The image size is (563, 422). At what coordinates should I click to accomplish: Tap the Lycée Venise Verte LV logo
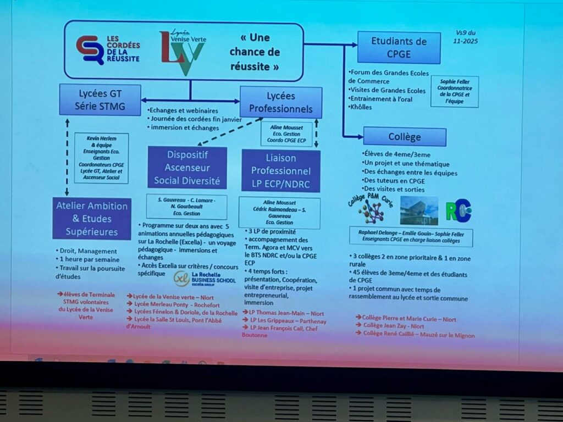[x=182, y=53]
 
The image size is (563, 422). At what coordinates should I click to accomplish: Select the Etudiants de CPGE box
[x=399, y=47]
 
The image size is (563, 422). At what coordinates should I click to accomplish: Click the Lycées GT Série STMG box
[x=100, y=99]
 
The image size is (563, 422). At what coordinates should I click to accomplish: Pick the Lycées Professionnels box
[x=281, y=102]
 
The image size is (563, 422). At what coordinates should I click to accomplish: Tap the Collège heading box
[x=404, y=137]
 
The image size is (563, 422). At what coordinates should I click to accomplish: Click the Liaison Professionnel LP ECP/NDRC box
[x=280, y=171]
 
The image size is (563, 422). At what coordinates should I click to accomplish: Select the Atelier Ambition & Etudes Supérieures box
[x=92, y=219]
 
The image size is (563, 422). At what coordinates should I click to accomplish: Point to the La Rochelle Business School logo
[x=205, y=279]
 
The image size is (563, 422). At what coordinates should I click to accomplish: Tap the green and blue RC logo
[x=458, y=210]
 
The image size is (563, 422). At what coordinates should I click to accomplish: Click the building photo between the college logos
[x=419, y=210]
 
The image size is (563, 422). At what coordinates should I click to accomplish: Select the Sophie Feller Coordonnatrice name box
[x=454, y=91]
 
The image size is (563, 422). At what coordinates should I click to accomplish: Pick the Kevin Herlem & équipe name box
[x=101, y=158]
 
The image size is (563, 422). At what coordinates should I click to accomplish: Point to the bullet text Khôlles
[x=362, y=107]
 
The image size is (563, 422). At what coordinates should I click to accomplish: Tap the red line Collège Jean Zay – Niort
[x=394, y=326]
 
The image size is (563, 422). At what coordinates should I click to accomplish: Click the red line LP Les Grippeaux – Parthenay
[x=284, y=320]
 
